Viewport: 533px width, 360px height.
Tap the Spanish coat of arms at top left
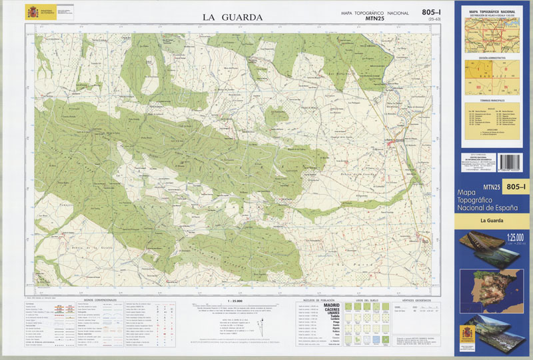(x=33, y=13)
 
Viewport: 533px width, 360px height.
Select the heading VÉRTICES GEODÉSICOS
(x=418, y=299)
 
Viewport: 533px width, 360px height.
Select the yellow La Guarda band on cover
(x=492, y=220)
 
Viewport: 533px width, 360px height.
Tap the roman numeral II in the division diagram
(x=505, y=69)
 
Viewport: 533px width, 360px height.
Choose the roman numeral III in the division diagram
(x=478, y=87)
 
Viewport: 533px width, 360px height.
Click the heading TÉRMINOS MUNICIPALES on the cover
(x=492, y=100)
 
